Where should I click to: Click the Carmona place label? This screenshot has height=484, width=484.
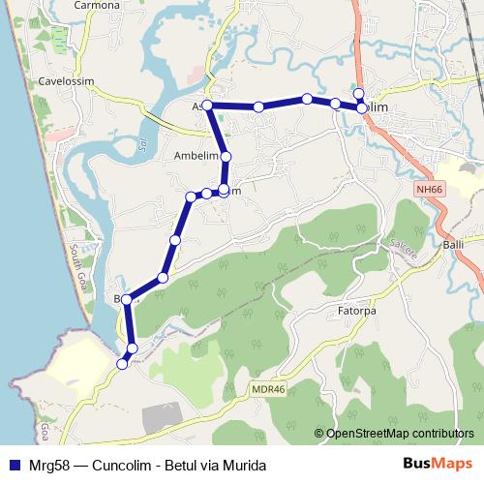click(x=97, y=5)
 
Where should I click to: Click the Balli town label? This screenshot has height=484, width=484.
click(x=454, y=246)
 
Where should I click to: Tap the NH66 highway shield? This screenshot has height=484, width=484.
click(x=429, y=191)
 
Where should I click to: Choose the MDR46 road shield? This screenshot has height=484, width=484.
click(x=267, y=389)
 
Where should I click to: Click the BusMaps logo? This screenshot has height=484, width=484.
click(x=437, y=464)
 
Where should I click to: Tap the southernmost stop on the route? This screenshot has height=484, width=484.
click(x=122, y=364)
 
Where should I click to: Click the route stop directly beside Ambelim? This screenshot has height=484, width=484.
click(x=226, y=156)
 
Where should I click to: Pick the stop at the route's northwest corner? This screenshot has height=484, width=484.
click(x=206, y=106)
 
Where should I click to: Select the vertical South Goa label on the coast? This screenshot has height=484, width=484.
click(x=75, y=262)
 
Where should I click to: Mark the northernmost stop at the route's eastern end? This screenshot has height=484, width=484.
click(x=358, y=93)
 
